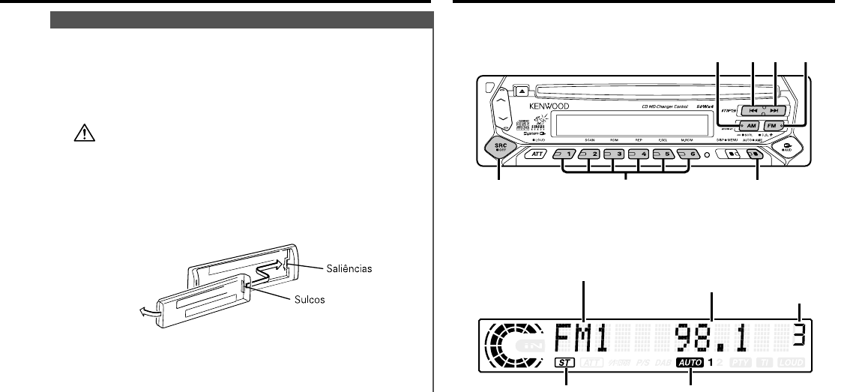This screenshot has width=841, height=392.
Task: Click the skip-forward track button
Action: (776, 109)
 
